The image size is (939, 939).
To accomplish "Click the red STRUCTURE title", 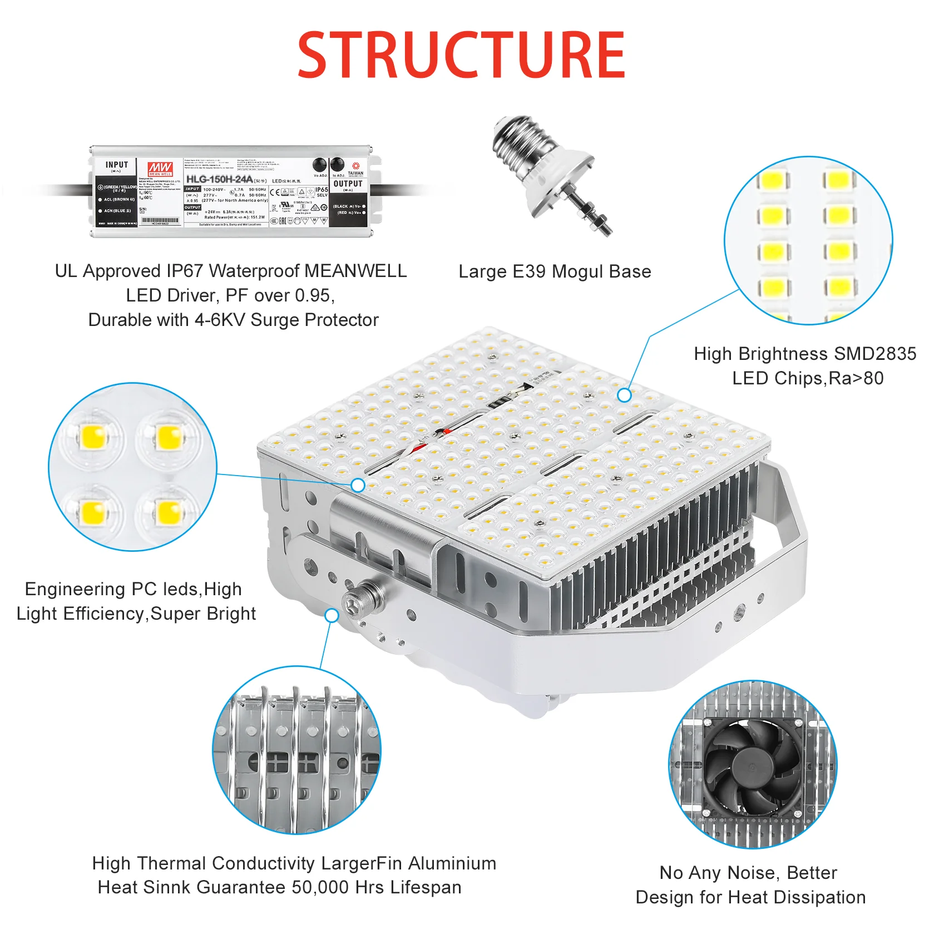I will pyautogui.click(x=461, y=55).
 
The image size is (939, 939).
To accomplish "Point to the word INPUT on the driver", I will pyautogui.click(x=117, y=165).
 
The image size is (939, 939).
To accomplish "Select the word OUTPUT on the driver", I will pyautogui.click(x=348, y=184).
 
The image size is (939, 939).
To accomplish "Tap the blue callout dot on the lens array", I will pyautogui.click(x=358, y=485).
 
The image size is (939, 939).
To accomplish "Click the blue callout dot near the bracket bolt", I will pyautogui.click(x=332, y=615).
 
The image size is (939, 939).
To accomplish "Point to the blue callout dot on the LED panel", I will pyautogui.click(x=624, y=395).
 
